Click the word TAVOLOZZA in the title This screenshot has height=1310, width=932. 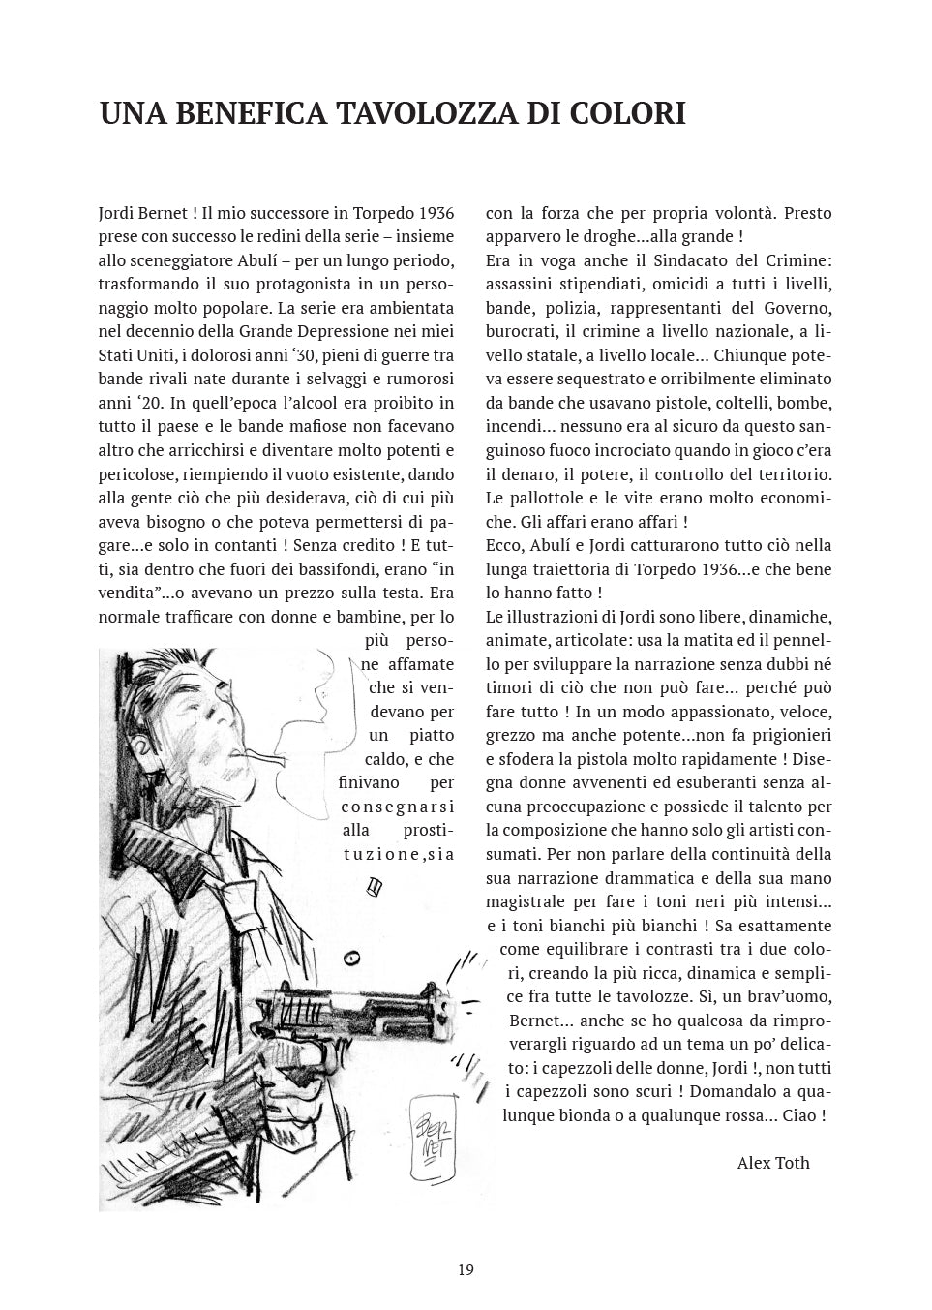point(423,114)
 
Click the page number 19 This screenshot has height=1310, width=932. point(466,1270)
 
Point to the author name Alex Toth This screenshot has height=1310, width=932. point(772,1163)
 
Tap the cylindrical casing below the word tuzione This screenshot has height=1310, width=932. point(376,884)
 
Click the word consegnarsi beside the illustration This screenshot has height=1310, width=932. point(397,807)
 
